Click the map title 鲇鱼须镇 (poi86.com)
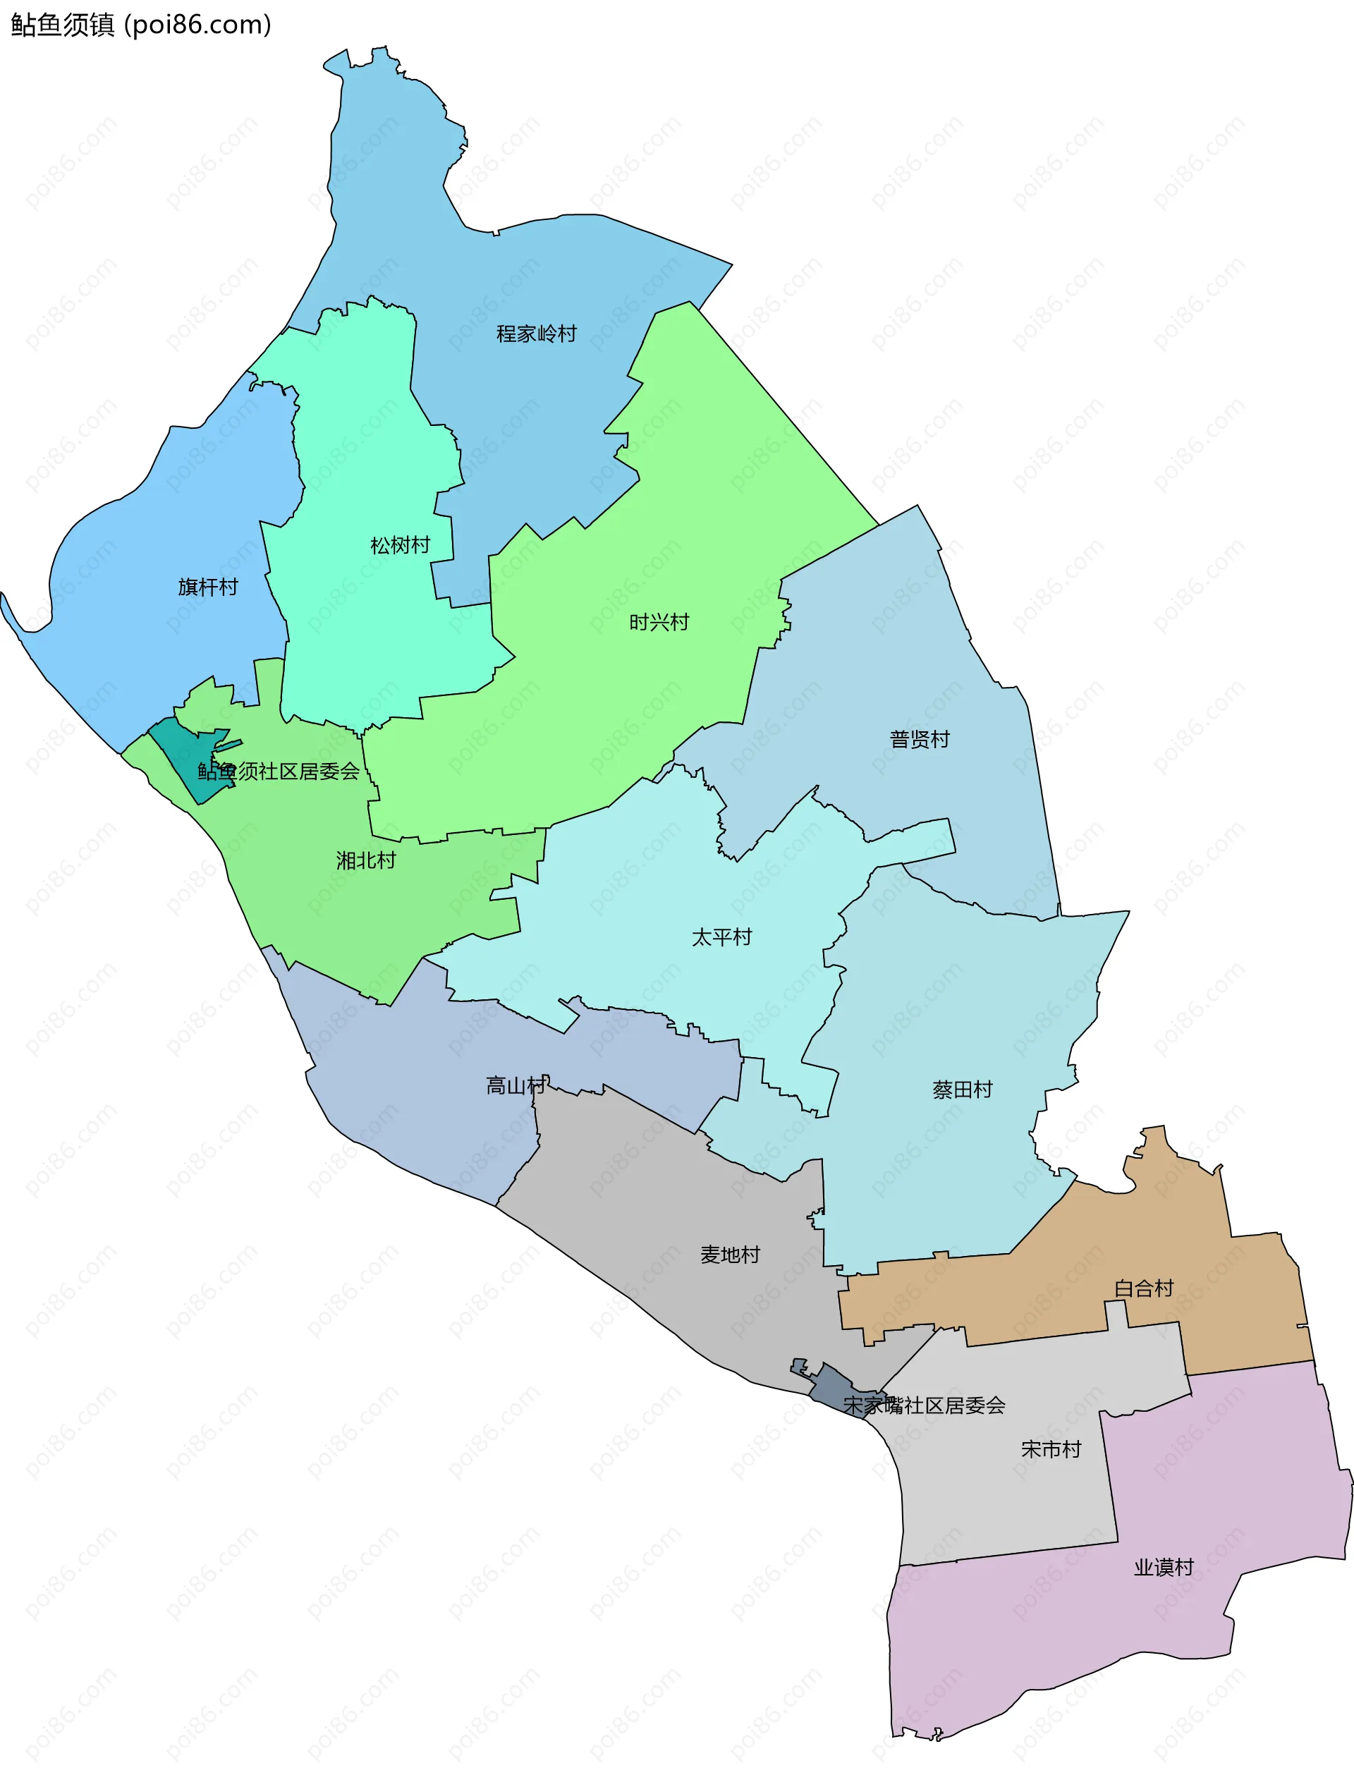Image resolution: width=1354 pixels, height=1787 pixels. point(141,25)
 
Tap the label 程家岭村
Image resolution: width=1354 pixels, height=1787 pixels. point(537,334)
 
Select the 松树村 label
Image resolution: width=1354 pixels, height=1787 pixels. point(400,545)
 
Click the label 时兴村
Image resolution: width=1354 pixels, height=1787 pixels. point(659,622)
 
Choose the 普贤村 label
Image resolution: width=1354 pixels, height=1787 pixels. point(920,739)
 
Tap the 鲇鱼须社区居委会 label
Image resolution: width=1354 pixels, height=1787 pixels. point(279,771)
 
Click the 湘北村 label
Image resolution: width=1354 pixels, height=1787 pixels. point(366,860)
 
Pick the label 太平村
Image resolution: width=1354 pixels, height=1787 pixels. point(721,937)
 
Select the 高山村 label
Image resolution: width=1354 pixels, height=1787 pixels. point(516,1086)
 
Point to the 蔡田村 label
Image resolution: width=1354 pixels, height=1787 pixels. point(962,1090)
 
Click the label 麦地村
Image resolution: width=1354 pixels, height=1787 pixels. point(731,1255)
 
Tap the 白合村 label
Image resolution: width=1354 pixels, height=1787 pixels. point(1143,1288)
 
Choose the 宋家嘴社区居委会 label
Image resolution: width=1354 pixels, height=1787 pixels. point(925,1405)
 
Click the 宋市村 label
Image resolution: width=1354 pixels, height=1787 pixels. point(1051,1449)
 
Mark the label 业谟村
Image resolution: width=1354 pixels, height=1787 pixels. point(1164,1567)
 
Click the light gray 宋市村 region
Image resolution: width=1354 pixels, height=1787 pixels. point(1002,1494)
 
